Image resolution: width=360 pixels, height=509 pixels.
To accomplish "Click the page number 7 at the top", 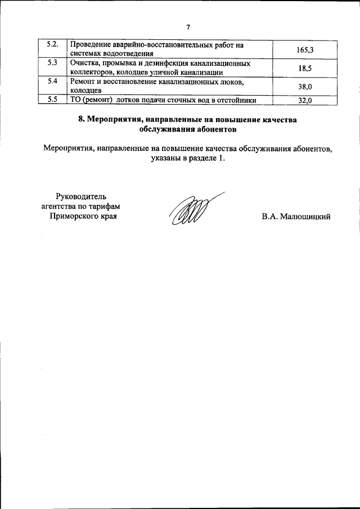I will (x=188, y=26).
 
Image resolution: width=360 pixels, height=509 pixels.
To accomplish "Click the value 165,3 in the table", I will (x=304, y=51).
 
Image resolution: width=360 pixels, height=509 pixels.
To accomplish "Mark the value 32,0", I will (x=304, y=101).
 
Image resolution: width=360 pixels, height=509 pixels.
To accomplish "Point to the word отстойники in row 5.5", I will (x=238, y=100).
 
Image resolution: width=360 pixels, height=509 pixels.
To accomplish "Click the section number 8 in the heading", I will (x=80, y=119).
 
